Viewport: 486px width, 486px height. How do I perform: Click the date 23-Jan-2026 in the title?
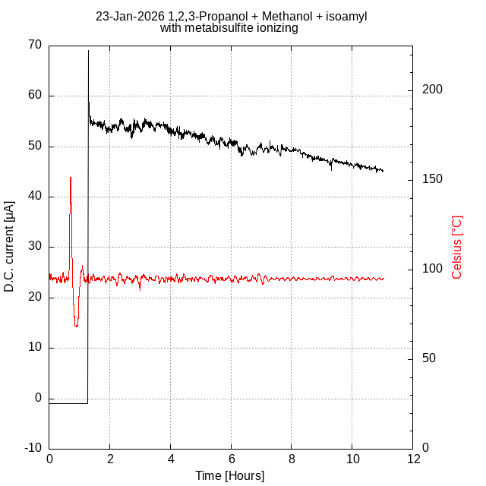point(130,16)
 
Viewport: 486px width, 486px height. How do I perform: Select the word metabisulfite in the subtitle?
point(217,28)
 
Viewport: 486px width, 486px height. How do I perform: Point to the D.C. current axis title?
point(9,246)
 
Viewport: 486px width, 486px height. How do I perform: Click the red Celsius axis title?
point(457,246)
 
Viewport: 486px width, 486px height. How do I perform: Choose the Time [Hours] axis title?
point(230,476)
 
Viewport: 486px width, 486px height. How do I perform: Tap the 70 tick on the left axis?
point(35,46)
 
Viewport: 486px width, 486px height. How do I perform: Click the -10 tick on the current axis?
point(33,448)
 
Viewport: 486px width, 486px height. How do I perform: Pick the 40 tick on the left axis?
point(35,197)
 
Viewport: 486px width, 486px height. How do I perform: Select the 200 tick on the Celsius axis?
point(431,90)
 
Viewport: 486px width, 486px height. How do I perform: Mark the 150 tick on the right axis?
point(431,179)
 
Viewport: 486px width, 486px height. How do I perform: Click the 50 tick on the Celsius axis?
point(428,358)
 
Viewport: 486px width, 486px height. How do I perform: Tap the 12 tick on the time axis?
point(413,459)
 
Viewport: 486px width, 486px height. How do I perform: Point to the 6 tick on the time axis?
point(232,459)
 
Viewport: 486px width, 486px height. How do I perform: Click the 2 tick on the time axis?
point(110,459)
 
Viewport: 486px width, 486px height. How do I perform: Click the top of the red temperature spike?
point(71,178)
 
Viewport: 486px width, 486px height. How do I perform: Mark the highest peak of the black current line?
point(88,51)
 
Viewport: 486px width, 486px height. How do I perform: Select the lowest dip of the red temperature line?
point(76,326)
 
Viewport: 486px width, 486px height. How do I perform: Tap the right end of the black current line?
point(383,171)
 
